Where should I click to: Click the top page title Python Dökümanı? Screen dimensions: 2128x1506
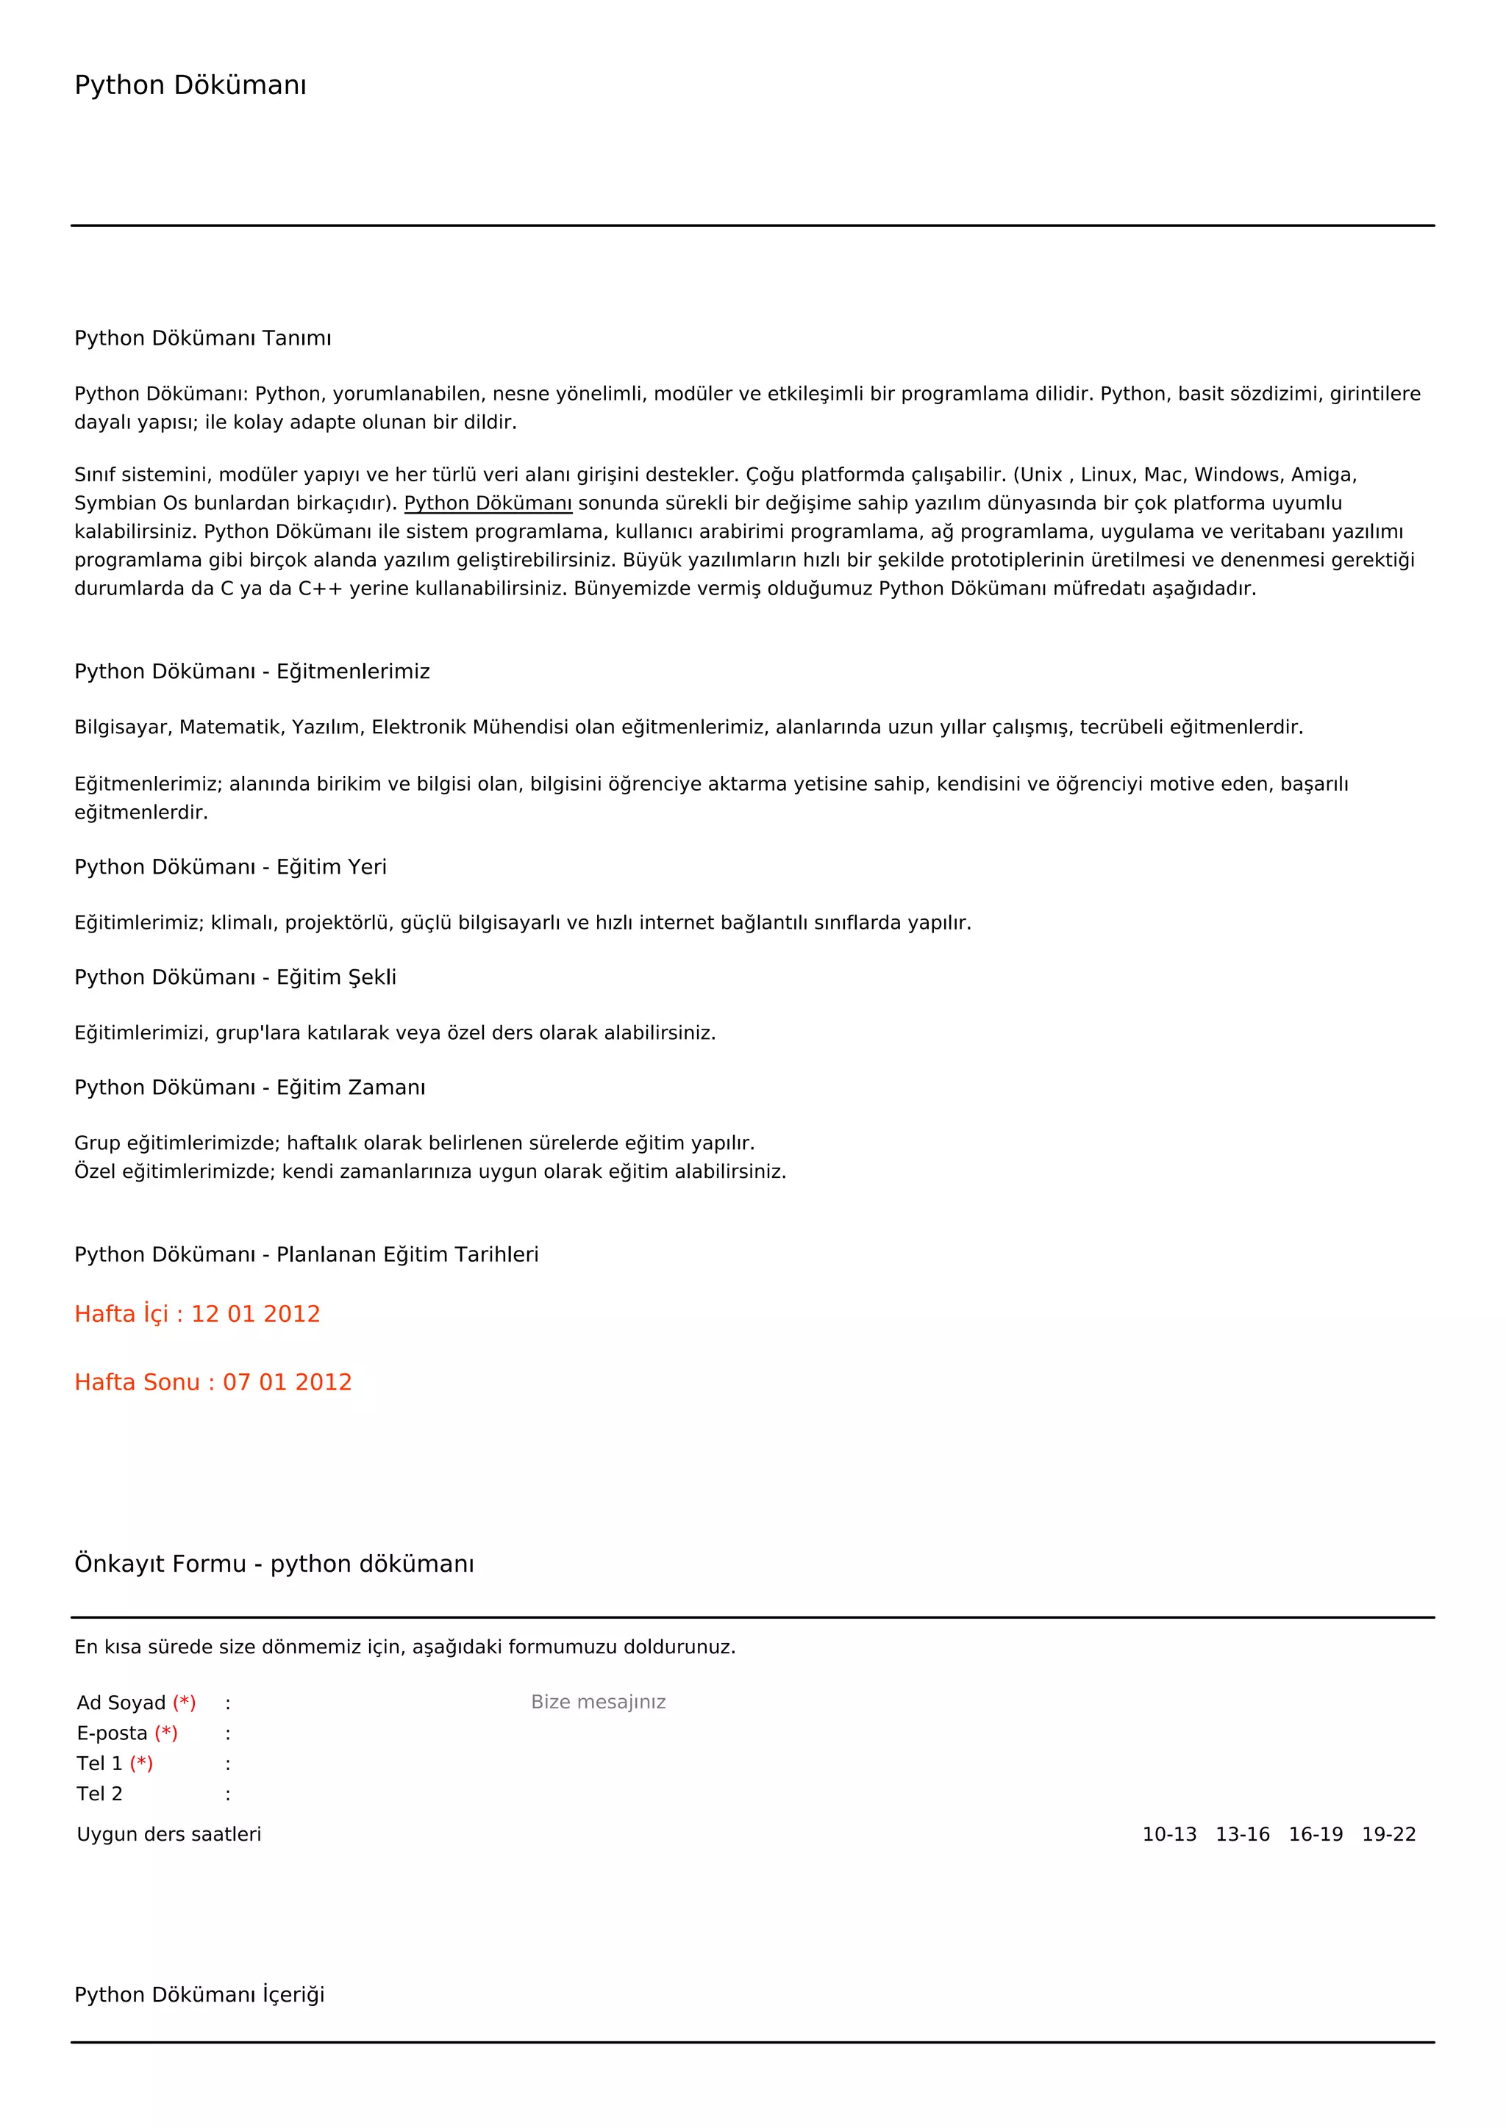[x=190, y=85]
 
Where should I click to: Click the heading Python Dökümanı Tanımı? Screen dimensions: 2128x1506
[x=202, y=338]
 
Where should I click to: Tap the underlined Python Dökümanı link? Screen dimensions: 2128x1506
[x=488, y=503]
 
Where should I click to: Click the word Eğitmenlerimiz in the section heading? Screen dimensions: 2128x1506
[x=353, y=671]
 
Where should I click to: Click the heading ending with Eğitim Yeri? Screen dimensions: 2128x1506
[x=230, y=866]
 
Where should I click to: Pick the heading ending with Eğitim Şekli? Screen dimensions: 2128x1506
[x=235, y=977]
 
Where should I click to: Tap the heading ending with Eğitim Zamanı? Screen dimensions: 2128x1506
[x=249, y=1088]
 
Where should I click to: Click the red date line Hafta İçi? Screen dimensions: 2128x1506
[x=196, y=1313]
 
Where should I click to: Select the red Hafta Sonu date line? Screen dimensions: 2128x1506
[x=213, y=1382]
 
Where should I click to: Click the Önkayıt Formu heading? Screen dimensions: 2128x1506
[x=274, y=1564]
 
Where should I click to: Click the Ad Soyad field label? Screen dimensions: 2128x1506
[x=121, y=1703]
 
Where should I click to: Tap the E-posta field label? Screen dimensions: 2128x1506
[x=113, y=1733]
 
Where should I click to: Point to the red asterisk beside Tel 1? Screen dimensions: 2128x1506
[x=141, y=1763]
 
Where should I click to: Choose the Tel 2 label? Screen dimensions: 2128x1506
[x=99, y=1794]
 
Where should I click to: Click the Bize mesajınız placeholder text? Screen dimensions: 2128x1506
[x=598, y=1702]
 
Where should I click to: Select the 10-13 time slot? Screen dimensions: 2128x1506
[x=1168, y=1834]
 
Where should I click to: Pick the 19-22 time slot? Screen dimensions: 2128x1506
[x=1388, y=1834]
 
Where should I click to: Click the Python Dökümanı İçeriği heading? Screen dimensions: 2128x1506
[x=199, y=1994]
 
